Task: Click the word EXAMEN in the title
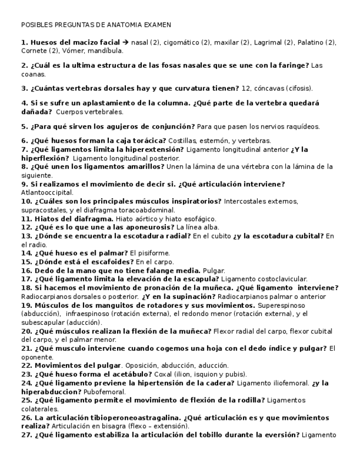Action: [158, 25]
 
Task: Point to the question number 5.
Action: [24, 126]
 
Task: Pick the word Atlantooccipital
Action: [47, 193]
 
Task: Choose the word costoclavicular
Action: [282, 279]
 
